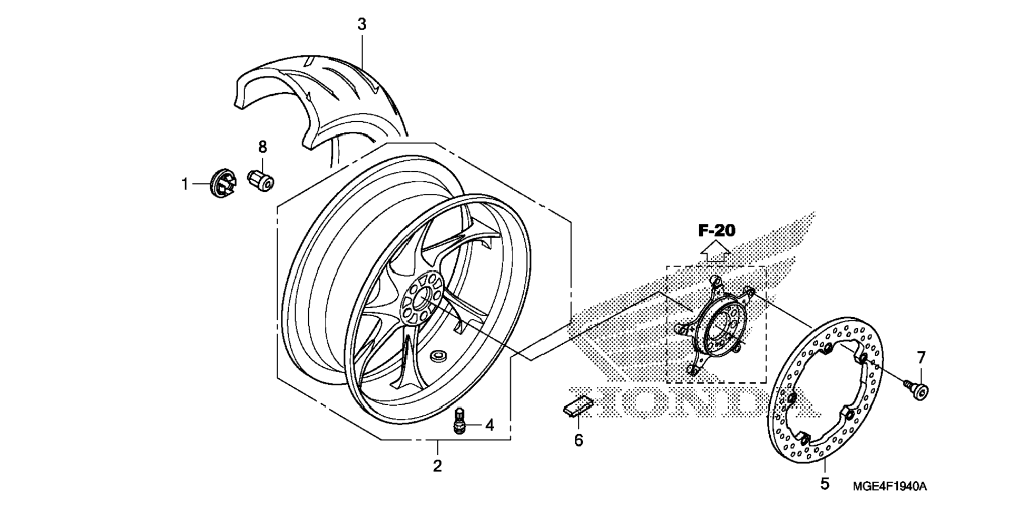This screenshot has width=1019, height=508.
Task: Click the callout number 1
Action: coord(185,184)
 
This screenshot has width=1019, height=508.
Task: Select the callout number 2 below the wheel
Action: coord(437,465)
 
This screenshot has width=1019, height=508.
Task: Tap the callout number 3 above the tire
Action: coord(362,24)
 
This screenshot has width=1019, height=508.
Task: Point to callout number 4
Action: coord(489,425)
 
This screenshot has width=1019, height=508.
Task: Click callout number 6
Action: coord(579,440)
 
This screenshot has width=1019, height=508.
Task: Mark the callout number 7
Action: coord(921,358)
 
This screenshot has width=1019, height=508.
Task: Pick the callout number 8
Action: coord(262,147)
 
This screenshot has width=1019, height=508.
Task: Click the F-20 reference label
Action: coord(717,230)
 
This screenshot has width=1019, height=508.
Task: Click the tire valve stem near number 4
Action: coord(460,422)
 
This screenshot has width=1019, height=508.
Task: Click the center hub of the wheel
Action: coord(422,299)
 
